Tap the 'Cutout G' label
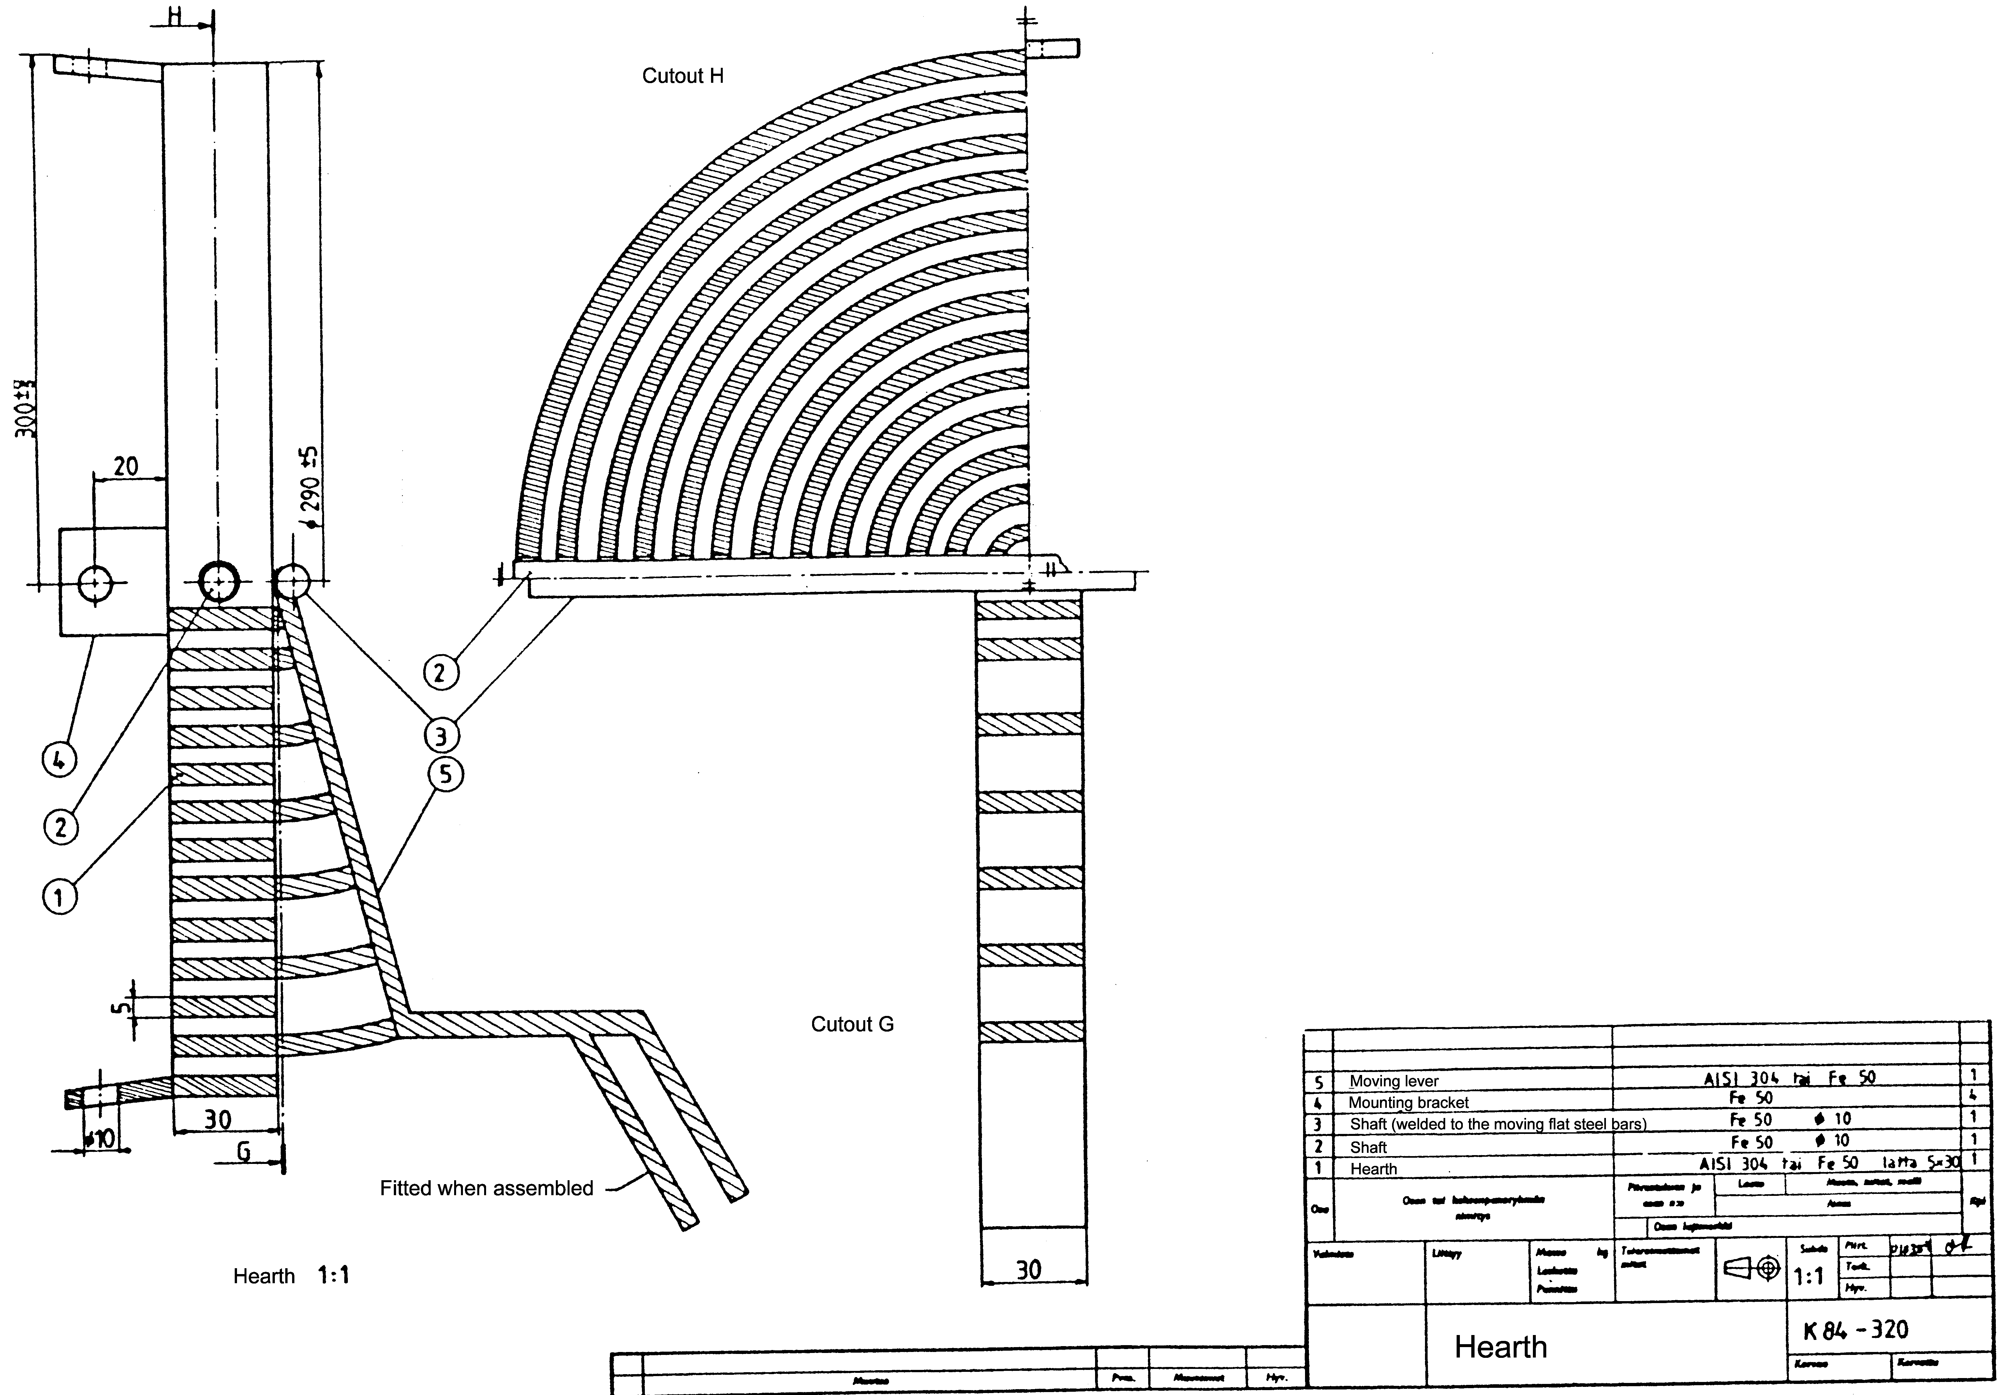(x=852, y=1024)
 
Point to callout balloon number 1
(x=59, y=897)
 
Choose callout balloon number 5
(x=446, y=774)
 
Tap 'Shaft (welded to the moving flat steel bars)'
(x=1497, y=1124)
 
